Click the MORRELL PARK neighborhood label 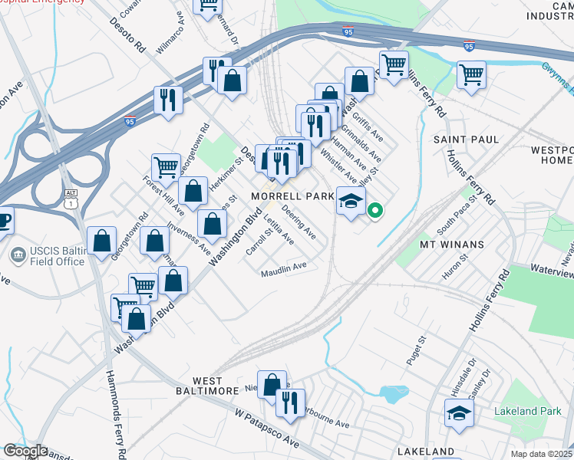tap(293, 196)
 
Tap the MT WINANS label tap(451, 245)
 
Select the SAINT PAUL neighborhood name tap(467, 140)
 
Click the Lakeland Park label tap(528, 411)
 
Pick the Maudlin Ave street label tap(283, 270)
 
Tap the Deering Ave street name tap(299, 220)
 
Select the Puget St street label tap(421, 350)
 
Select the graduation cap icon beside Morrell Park tap(350, 202)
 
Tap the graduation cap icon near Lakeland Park tap(460, 414)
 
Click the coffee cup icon tap(4, 220)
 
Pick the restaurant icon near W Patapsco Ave tap(290, 403)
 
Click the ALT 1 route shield tap(71, 197)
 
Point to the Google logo tap(25, 451)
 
